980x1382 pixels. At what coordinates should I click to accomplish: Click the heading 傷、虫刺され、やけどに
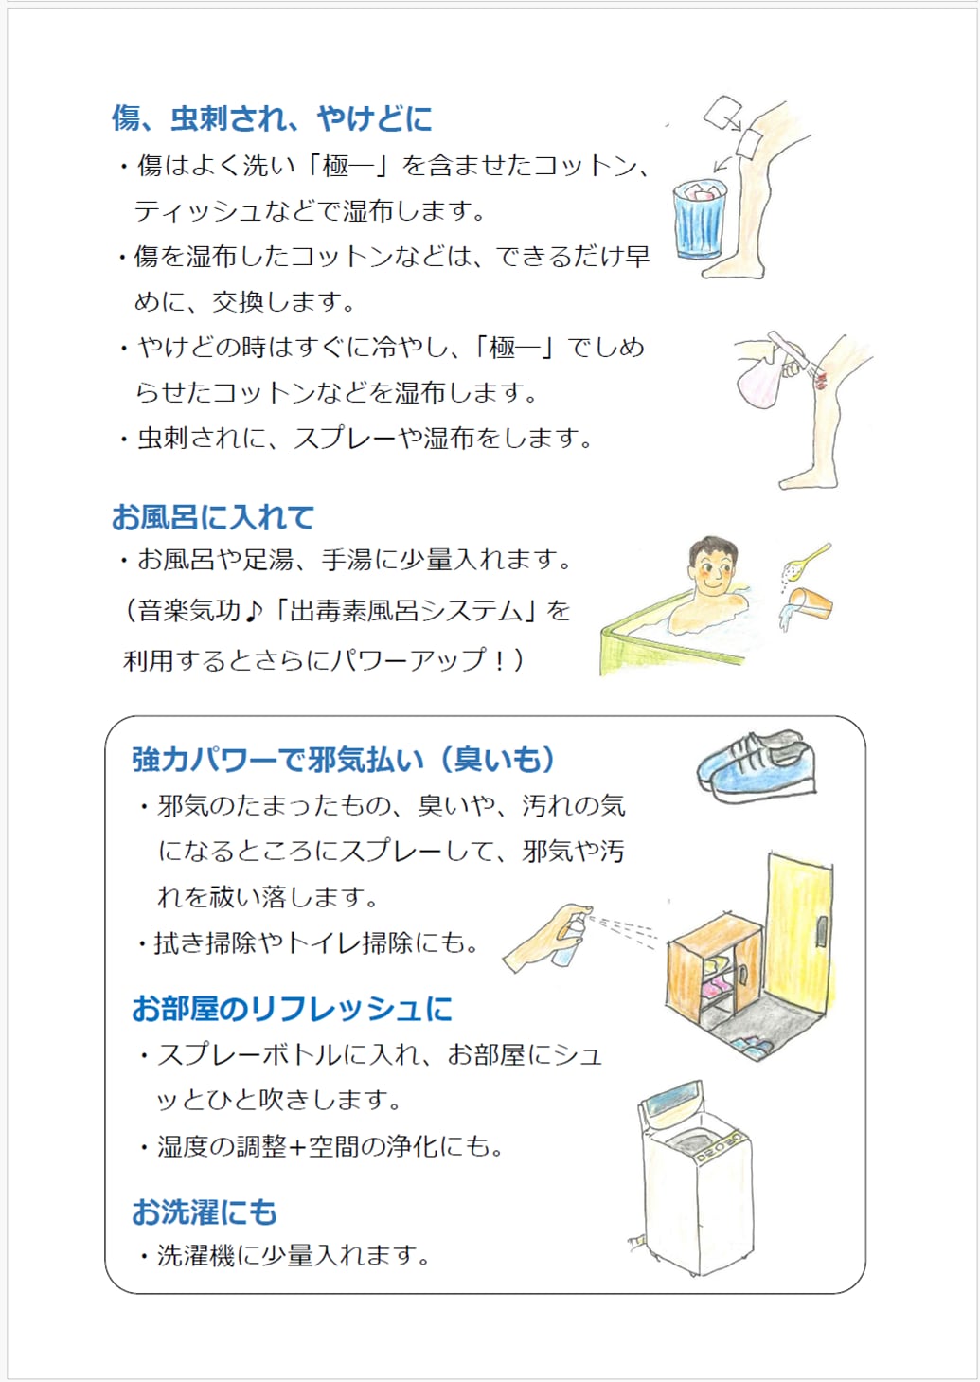click(x=272, y=118)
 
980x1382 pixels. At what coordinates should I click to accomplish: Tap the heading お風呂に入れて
click(x=212, y=517)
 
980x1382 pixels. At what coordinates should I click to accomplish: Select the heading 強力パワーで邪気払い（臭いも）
click(x=343, y=760)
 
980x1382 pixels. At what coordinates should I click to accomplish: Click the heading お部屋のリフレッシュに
click(x=292, y=1009)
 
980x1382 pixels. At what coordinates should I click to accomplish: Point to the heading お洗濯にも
click(x=205, y=1212)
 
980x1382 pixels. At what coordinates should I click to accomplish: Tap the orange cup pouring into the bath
click(x=811, y=602)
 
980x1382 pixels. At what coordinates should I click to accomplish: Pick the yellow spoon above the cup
click(x=809, y=558)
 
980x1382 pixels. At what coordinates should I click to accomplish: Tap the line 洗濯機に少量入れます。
click(x=293, y=1256)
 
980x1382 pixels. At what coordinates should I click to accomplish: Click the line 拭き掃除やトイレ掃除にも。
click(x=317, y=943)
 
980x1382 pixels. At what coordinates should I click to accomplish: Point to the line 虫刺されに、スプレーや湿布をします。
click(x=365, y=439)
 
